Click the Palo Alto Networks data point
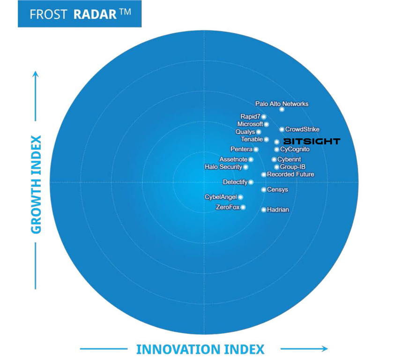click(x=282, y=109)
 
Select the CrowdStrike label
click(x=302, y=129)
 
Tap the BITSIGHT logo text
click(x=312, y=141)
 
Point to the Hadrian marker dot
click(x=264, y=210)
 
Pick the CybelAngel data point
click(x=241, y=197)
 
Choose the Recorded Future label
click(x=290, y=174)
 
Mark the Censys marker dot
click(x=264, y=190)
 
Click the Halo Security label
click(x=223, y=167)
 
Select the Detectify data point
click(x=251, y=182)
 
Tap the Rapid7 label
click(x=250, y=116)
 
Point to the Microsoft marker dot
click(x=267, y=124)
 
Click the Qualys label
click(x=245, y=132)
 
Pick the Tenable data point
click(x=267, y=139)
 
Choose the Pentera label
click(x=242, y=149)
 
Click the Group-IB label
click(x=293, y=167)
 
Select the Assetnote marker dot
click(x=251, y=159)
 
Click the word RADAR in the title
click(x=95, y=14)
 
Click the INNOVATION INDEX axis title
click(x=200, y=349)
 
